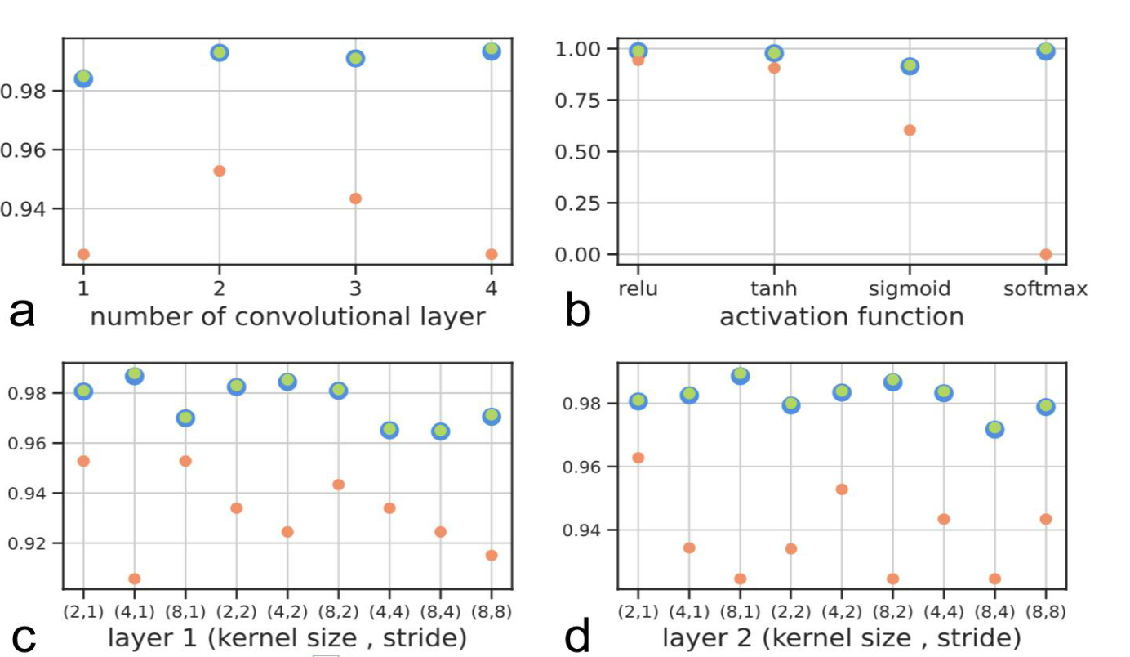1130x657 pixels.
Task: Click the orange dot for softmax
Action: tap(1046, 254)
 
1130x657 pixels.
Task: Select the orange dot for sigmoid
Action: tap(910, 130)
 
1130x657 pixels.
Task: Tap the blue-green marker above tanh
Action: tap(774, 53)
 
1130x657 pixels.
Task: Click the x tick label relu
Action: tap(638, 288)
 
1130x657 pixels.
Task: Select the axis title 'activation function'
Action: tap(841, 316)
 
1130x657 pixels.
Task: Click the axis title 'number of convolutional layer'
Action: tap(287, 316)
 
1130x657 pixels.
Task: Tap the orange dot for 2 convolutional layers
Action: tap(219, 171)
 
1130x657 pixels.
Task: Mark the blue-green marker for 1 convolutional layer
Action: tap(83, 78)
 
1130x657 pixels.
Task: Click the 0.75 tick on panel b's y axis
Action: tap(577, 101)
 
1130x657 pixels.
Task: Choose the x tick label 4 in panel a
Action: tap(492, 288)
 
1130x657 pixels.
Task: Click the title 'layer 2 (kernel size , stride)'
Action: tap(841, 637)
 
